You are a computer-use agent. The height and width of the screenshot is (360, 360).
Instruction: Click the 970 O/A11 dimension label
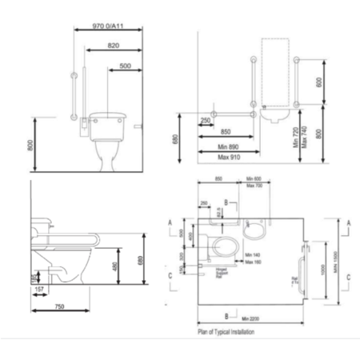pos(109,26)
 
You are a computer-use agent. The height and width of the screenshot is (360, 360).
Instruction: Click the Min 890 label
pos(228,148)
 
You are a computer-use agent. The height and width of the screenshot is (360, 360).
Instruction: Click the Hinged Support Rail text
pos(199,274)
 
